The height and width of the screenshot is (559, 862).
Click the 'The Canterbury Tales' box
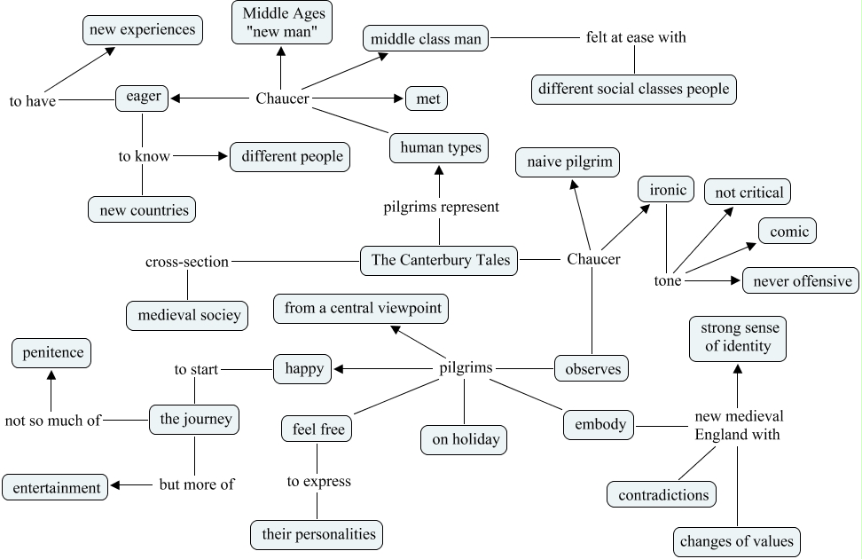[x=440, y=260]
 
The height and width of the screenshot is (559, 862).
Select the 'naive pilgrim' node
[x=568, y=162]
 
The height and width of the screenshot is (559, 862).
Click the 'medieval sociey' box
[x=188, y=315]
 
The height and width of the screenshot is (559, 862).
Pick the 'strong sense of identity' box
[x=738, y=337]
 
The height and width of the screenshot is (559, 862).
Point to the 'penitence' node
[x=52, y=353]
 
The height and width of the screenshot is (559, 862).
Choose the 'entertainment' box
[x=56, y=487]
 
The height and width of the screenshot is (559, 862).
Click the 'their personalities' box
[x=317, y=534]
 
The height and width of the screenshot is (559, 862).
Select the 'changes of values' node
[x=737, y=540]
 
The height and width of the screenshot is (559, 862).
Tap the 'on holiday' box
[x=464, y=439]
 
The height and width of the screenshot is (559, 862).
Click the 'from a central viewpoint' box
[x=361, y=309]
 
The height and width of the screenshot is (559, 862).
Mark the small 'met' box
[x=427, y=98]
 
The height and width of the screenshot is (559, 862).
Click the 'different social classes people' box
[x=634, y=89]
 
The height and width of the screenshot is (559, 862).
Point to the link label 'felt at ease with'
[x=636, y=37]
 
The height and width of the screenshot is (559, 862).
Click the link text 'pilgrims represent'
[x=441, y=207]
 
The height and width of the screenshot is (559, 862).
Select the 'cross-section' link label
[x=187, y=262]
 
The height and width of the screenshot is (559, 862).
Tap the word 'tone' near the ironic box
[x=668, y=280]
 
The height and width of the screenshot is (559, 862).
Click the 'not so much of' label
[x=52, y=421]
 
